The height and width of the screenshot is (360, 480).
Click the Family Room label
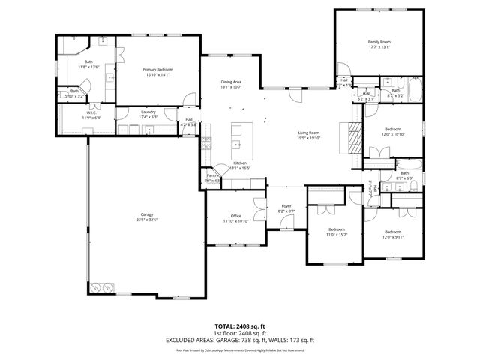pos(379,41)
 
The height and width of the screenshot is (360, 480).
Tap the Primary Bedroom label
pos(157,69)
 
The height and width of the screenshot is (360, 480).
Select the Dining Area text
pos(231,81)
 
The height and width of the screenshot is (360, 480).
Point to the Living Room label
pos(308,132)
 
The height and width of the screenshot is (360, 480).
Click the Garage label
pos(147,214)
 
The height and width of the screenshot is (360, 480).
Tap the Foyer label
pos(286,206)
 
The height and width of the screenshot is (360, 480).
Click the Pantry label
pos(213,175)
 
